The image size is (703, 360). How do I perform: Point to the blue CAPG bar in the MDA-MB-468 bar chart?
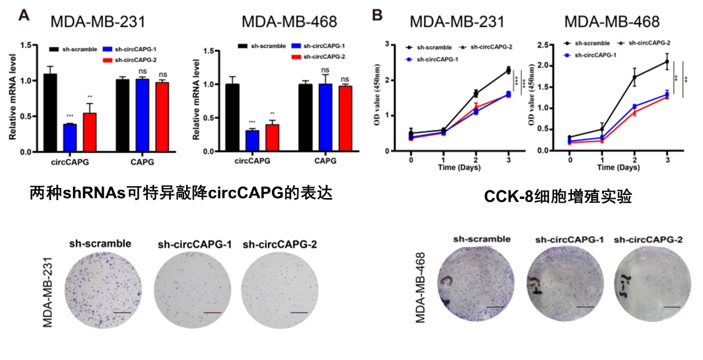coord(327,118)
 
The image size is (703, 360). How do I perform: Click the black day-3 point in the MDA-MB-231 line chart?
coord(507,70)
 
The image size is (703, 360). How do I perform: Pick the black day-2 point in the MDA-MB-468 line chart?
coord(635,77)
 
